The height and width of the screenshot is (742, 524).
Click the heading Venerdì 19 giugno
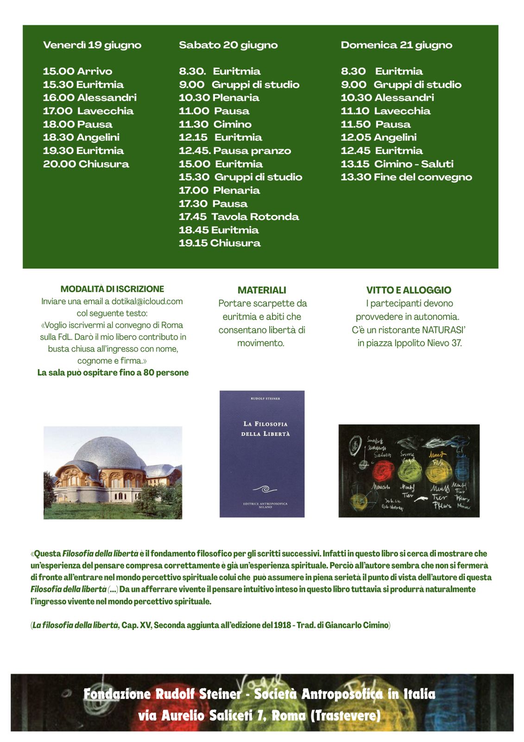click(x=92, y=45)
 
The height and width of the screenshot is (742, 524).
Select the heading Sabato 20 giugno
click(x=228, y=45)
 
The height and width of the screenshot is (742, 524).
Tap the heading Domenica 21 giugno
click(x=396, y=45)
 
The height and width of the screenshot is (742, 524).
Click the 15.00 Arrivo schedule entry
click(x=77, y=71)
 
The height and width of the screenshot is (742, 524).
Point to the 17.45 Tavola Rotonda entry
click(x=239, y=217)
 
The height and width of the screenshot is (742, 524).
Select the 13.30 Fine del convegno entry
click(x=406, y=177)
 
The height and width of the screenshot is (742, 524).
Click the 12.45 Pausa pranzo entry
click(x=235, y=151)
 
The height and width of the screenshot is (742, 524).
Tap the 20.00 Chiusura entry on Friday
click(x=86, y=164)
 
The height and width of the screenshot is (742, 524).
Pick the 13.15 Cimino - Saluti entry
click(x=397, y=164)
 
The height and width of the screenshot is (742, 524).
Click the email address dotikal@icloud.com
click(x=147, y=301)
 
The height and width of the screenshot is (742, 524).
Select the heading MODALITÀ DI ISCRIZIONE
click(x=112, y=289)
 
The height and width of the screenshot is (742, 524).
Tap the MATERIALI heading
click(x=262, y=290)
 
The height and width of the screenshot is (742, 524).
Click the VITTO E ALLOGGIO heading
click(x=409, y=290)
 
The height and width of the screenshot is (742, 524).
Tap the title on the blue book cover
click(x=265, y=429)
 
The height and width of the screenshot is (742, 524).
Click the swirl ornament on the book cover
click(x=265, y=488)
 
